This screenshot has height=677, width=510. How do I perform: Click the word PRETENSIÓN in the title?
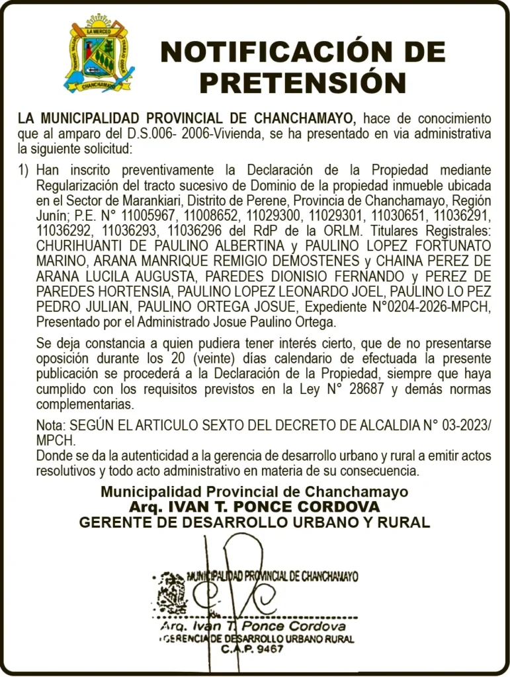(x=302, y=83)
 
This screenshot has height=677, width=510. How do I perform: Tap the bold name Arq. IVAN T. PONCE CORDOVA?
(x=255, y=507)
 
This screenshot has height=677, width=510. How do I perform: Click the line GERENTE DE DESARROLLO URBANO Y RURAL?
(x=255, y=522)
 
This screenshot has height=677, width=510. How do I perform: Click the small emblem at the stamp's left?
(x=171, y=592)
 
